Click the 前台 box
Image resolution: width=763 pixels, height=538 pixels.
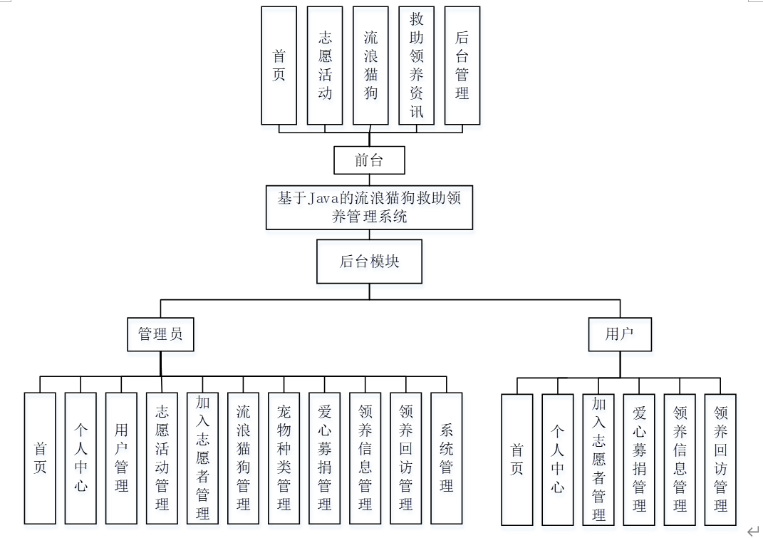click(x=369, y=160)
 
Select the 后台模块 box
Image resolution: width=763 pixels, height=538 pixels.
click(x=369, y=262)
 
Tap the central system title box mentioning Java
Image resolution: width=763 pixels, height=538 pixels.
click(x=369, y=207)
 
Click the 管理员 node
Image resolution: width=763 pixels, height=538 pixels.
click(x=160, y=333)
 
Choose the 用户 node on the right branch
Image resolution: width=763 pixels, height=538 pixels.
click(x=619, y=333)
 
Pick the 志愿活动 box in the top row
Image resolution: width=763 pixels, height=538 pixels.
click(x=324, y=66)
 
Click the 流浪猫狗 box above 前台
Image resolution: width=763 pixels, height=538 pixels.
click(x=370, y=66)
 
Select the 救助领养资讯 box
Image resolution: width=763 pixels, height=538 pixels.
click(x=416, y=66)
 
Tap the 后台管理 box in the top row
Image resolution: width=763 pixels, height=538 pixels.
click(x=462, y=66)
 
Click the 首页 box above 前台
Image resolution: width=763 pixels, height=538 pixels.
click(x=279, y=66)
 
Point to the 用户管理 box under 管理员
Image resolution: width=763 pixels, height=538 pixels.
click(x=121, y=458)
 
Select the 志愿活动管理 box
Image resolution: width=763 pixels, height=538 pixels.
click(x=162, y=458)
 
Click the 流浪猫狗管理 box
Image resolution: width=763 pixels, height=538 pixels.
click(x=243, y=458)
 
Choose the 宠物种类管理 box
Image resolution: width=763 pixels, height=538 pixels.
click(x=284, y=458)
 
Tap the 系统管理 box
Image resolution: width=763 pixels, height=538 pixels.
click(x=446, y=458)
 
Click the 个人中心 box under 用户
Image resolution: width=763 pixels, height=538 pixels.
click(x=557, y=460)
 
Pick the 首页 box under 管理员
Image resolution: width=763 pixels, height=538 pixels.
click(x=40, y=458)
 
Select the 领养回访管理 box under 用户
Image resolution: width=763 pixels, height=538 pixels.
click(x=720, y=460)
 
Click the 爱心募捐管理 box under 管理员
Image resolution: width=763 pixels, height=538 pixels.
click(x=324, y=458)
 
